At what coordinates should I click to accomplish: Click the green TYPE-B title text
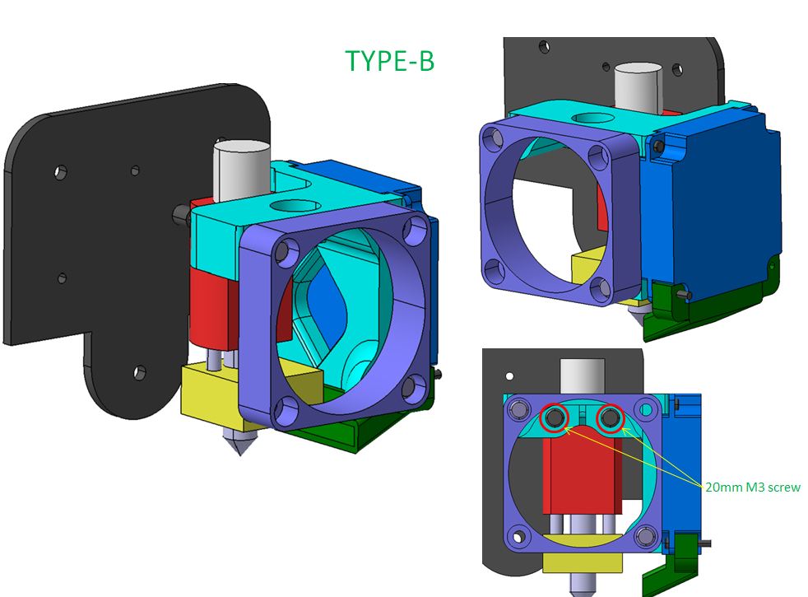pos(389,61)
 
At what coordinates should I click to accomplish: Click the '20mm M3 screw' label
pos(753,487)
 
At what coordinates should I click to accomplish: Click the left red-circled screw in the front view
pos(554,418)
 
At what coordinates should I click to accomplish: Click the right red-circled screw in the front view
pos(611,418)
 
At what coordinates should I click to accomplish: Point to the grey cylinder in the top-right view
pos(638,86)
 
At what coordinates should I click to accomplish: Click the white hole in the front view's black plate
pos(509,376)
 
